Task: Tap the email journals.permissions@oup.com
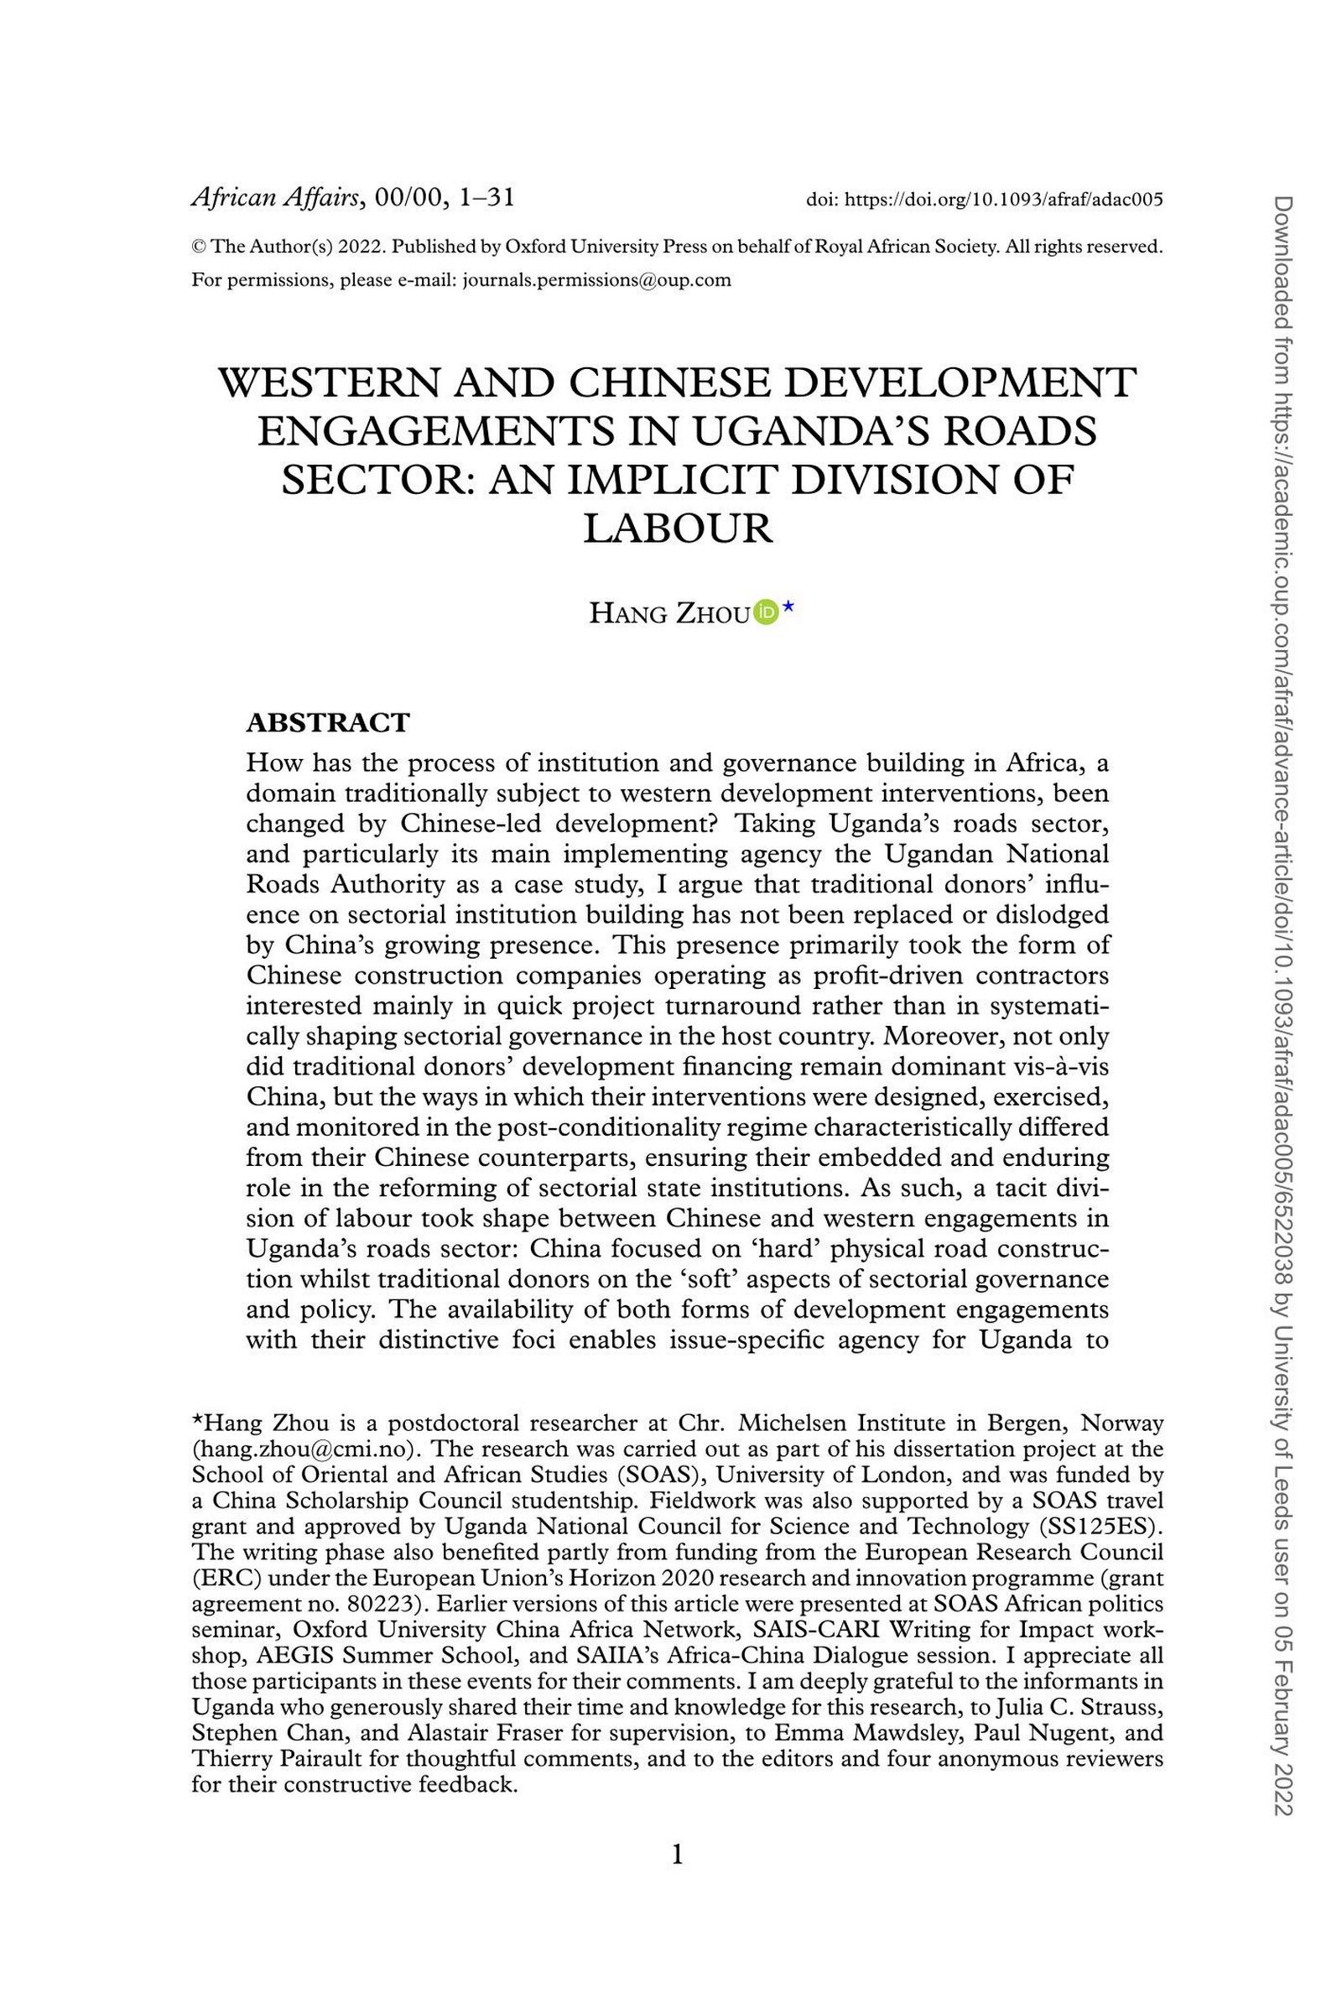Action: click(x=596, y=280)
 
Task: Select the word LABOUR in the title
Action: click(x=678, y=528)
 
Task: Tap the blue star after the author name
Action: click(x=788, y=607)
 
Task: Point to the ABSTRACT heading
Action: click(x=328, y=722)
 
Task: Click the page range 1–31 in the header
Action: click(x=486, y=199)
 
